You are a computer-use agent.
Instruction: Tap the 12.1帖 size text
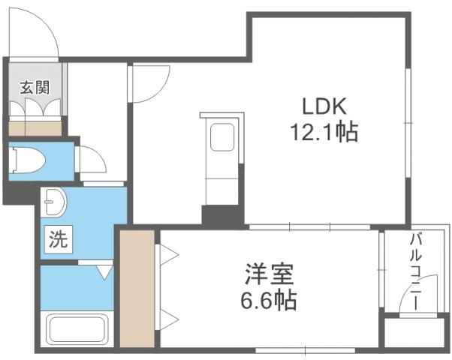coord(324,133)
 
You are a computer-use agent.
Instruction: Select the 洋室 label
coord(268,274)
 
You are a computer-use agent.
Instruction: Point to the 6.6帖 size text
coord(268,301)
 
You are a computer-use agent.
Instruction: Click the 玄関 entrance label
coord(35,87)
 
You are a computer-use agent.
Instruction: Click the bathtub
coord(78,328)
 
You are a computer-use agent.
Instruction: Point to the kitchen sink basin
coord(224,140)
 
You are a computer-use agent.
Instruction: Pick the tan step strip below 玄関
coord(35,127)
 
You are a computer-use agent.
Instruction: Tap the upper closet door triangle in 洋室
coord(166,257)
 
